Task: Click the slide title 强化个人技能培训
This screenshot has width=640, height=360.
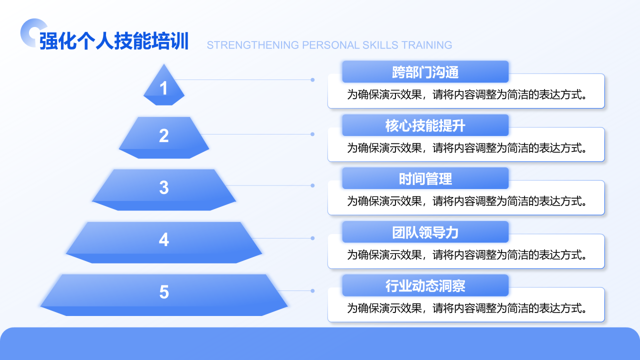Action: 113,41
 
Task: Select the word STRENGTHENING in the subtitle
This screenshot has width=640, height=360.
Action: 253,45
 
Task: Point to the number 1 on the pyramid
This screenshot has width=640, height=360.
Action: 163,88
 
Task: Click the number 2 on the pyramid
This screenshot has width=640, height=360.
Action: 163,135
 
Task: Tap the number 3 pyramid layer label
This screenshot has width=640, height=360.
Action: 163,187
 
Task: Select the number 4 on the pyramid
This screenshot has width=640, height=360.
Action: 163,239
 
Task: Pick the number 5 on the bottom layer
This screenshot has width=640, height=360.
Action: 163,292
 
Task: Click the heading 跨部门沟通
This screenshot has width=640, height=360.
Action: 425,72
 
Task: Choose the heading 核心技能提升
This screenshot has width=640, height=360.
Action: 425,125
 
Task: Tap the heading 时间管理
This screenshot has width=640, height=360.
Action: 425,179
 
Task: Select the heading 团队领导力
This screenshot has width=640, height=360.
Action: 425,232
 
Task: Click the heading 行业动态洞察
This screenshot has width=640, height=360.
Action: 425,285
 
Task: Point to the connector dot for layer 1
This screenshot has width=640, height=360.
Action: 312,80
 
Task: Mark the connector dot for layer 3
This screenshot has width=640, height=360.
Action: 312,185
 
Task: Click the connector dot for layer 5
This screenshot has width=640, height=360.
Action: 312,291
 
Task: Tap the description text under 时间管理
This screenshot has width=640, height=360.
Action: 467,201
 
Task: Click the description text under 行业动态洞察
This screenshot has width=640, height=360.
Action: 467,308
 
